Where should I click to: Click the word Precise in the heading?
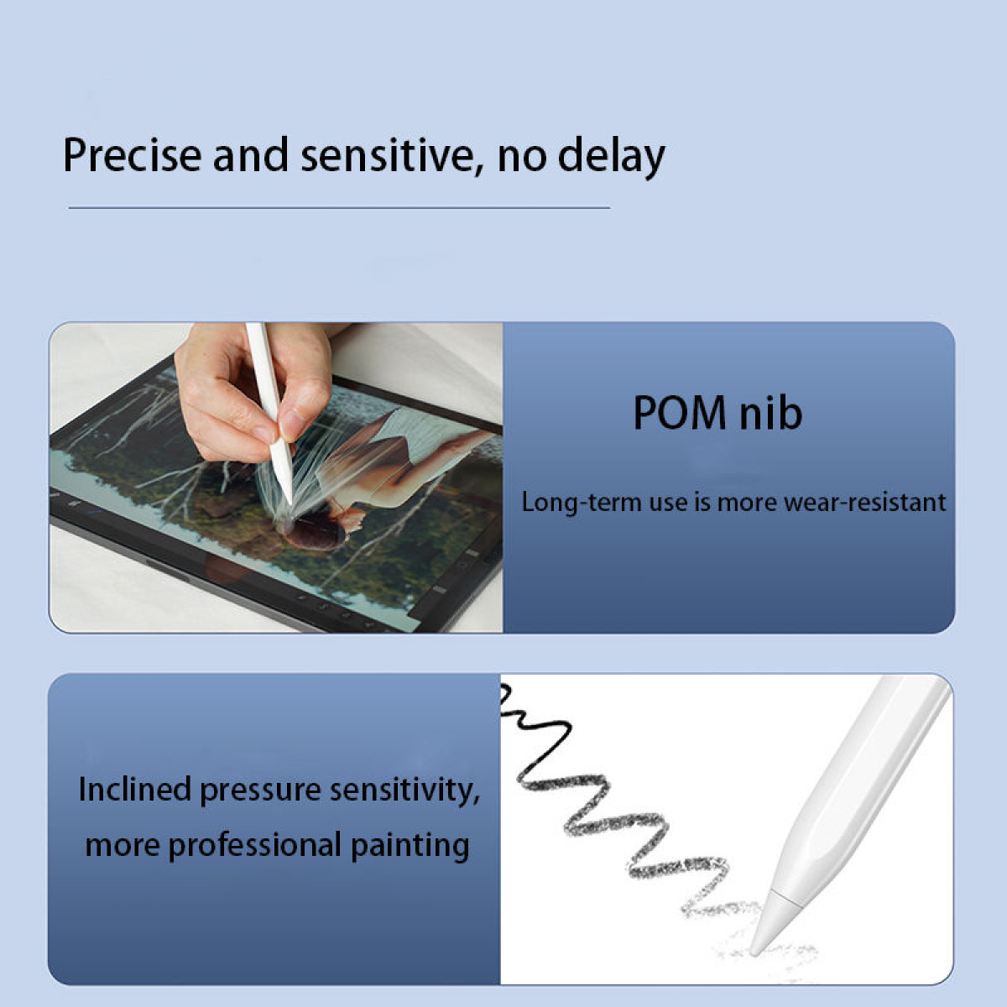point(133,155)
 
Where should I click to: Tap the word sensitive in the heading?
point(387,155)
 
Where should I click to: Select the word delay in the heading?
point(612,157)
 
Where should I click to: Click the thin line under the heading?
point(339,207)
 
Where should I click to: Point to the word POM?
point(680,414)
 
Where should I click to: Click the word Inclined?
point(135,789)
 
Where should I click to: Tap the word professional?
point(255,846)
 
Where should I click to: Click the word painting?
point(410,846)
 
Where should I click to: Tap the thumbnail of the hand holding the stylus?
point(276,477)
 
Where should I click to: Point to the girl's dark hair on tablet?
point(316,531)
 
